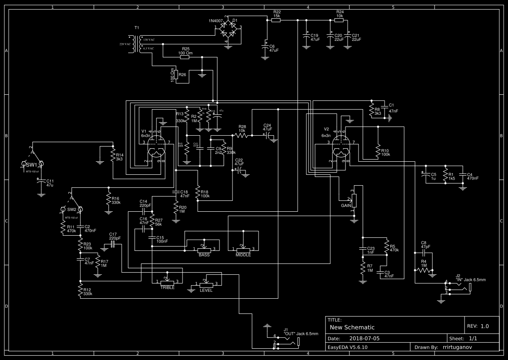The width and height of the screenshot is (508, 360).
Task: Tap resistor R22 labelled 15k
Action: [x=276, y=20]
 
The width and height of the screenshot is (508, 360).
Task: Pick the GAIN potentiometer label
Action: [x=346, y=205]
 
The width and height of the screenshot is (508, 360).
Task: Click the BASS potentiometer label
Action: [x=204, y=255]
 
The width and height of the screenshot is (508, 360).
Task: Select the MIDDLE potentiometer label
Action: [x=243, y=255]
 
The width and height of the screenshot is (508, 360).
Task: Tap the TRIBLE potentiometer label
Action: [x=167, y=287]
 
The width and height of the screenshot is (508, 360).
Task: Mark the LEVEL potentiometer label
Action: [x=206, y=290]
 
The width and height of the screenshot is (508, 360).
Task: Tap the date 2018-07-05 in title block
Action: [x=364, y=338]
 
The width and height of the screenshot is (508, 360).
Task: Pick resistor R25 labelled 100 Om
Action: [x=185, y=57]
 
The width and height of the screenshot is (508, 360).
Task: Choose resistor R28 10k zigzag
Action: [x=242, y=135]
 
